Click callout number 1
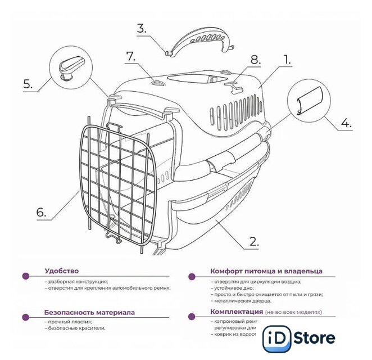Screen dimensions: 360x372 click(287, 58)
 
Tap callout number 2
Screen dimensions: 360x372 click(253, 242)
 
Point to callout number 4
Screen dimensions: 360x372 click(347, 122)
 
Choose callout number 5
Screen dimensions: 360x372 click(28, 84)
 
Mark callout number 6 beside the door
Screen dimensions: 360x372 click(40, 213)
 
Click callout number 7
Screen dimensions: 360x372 click(131, 57)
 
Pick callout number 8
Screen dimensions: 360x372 click(256, 58)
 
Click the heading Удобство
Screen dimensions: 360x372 click(62, 271)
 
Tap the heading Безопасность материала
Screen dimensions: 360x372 click(89, 312)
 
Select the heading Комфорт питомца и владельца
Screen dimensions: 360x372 click(266, 271)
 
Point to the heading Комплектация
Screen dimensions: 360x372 click(237, 311)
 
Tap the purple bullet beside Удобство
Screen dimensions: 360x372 click(25, 276)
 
